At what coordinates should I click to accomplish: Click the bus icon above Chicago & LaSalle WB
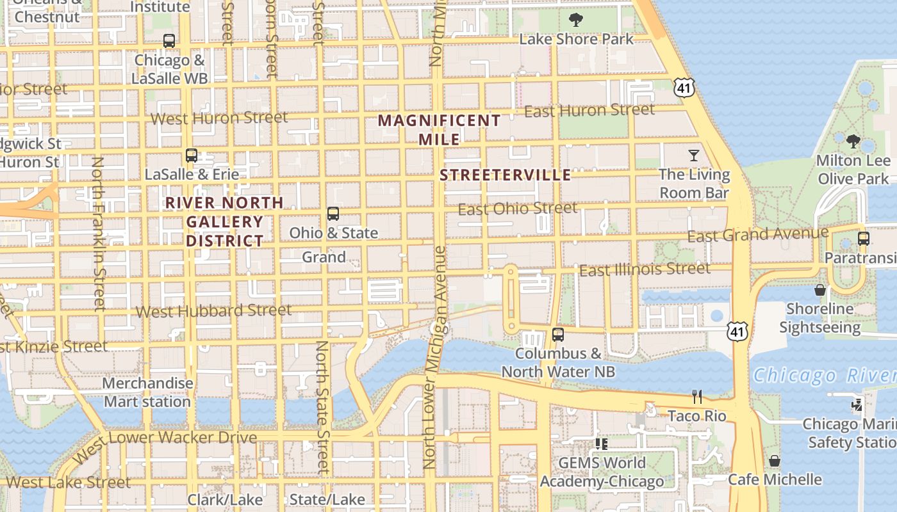pyautogui.click(x=169, y=41)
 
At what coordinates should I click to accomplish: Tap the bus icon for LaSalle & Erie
pyautogui.click(x=191, y=155)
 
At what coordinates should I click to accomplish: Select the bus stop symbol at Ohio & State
pyautogui.click(x=333, y=214)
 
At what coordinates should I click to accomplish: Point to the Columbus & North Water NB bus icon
pyautogui.click(x=558, y=334)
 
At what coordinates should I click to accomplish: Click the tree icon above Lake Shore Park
pyautogui.click(x=576, y=20)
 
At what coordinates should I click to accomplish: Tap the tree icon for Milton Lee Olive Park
pyautogui.click(x=853, y=141)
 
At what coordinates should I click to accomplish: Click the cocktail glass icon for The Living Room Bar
pyautogui.click(x=694, y=155)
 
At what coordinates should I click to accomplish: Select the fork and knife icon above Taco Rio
pyautogui.click(x=697, y=397)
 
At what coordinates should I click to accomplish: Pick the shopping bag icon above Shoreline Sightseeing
pyautogui.click(x=820, y=290)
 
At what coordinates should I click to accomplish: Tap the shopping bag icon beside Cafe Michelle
pyautogui.click(x=775, y=461)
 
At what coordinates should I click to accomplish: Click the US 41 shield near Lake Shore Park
pyautogui.click(x=684, y=88)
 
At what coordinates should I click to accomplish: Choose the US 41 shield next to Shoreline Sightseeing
pyautogui.click(x=737, y=331)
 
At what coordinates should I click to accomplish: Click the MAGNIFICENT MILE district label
pyautogui.click(x=440, y=129)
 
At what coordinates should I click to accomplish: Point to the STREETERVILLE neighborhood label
pyautogui.click(x=506, y=175)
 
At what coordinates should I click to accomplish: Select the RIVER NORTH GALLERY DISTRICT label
pyautogui.click(x=224, y=222)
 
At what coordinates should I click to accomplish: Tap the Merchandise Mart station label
pyautogui.click(x=147, y=392)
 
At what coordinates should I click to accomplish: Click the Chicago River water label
pyautogui.click(x=824, y=375)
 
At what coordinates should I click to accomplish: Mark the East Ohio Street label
pyautogui.click(x=518, y=209)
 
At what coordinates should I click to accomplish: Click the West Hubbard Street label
pyautogui.click(x=214, y=311)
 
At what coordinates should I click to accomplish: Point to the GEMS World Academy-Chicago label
pyautogui.click(x=602, y=472)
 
